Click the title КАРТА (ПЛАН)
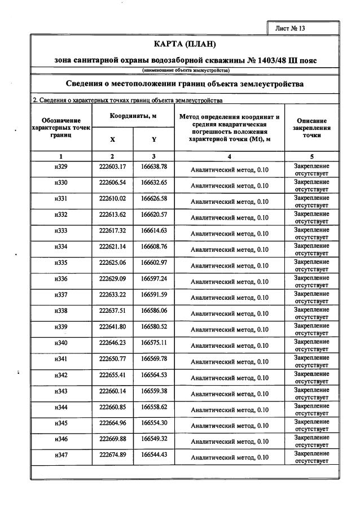click(185, 44)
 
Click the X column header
click(112, 139)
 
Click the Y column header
click(153, 139)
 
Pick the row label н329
click(60, 167)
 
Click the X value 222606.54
click(112, 182)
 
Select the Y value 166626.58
click(153, 199)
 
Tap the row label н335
click(60, 263)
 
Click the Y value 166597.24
click(153, 279)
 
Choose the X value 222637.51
click(112, 311)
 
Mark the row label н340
click(60, 343)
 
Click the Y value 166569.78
click(153, 359)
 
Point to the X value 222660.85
click(112, 407)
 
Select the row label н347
click(60, 455)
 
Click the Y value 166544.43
click(153, 455)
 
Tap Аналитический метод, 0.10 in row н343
click(230, 394)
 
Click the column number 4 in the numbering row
click(230, 156)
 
